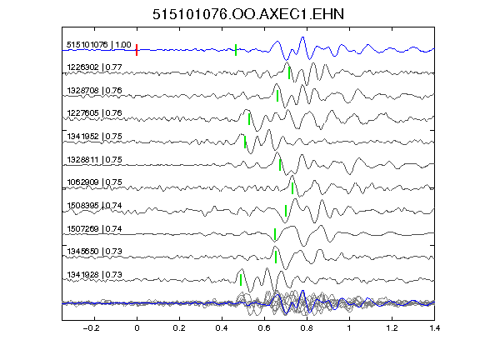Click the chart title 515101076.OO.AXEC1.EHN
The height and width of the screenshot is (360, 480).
(x=248, y=14)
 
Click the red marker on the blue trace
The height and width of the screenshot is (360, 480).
(x=137, y=50)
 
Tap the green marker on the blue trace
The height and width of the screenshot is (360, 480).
(x=236, y=50)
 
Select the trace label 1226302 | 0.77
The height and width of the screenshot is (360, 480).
(x=95, y=67)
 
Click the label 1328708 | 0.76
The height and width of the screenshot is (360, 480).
(x=95, y=90)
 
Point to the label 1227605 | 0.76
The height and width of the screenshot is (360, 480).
(x=95, y=113)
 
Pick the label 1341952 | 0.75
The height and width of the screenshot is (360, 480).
(x=95, y=136)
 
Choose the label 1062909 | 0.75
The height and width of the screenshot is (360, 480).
(x=95, y=182)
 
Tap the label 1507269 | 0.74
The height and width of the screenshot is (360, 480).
(x=95, y=228)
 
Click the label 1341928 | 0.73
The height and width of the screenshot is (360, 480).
(x=95, y=275)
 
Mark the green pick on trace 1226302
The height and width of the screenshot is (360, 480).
(x=289, y=72)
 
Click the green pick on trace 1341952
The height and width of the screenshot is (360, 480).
(x=245, y=142)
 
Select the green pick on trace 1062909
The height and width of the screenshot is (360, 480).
(x=292, y=188)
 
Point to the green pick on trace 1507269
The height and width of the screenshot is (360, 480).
(x=275, y=234)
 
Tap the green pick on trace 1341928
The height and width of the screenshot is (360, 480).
(x=241, y=280)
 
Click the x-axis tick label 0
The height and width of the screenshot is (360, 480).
(x=137, y=328)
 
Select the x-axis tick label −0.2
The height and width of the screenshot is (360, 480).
(x=92, y=328)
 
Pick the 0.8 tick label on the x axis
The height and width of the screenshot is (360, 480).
(x=307, y=328)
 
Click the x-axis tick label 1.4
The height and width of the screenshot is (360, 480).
(x=434, y=328)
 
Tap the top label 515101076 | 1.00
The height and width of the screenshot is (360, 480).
(x=99, y=45)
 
